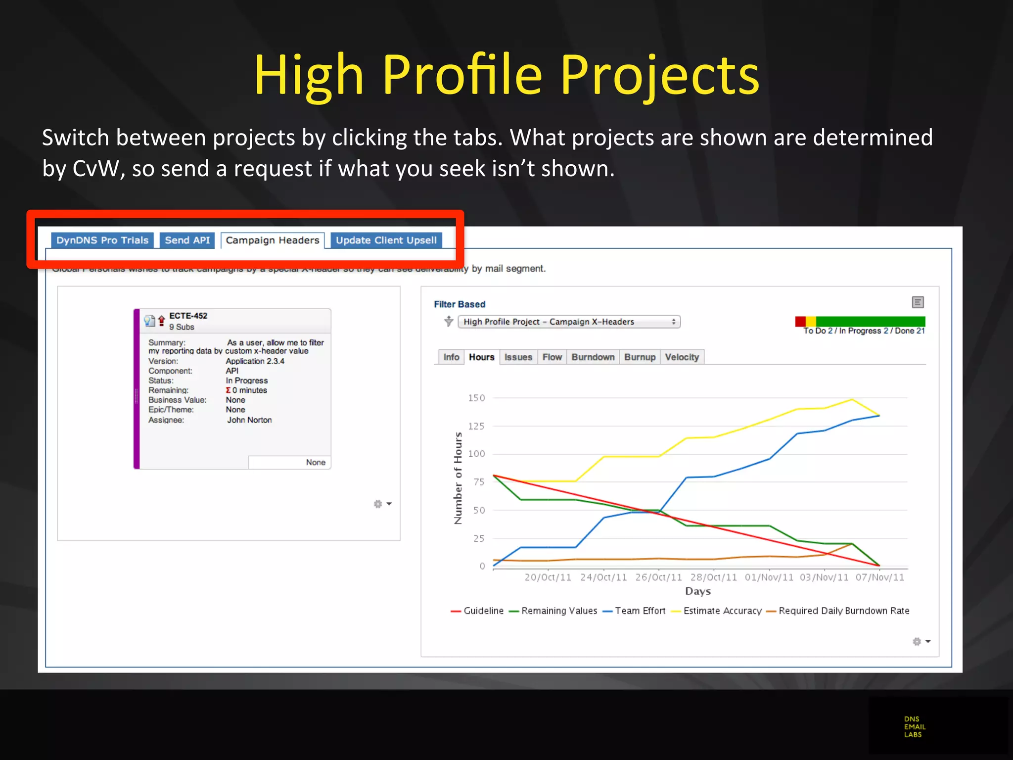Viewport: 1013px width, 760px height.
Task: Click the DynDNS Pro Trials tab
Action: click(x=102, y=240)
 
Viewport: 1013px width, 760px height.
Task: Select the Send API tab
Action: click(x=187, y=240)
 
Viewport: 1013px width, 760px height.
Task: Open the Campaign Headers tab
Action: click(x=273, y=240)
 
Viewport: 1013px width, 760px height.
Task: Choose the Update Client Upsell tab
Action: click(x=386, y=240)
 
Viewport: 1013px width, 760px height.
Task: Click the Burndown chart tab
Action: click(x=593, y=357)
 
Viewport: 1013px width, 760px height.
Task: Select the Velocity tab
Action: click(x=682, y=357)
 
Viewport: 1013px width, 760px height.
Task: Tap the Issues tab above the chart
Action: click(x=518, y=357)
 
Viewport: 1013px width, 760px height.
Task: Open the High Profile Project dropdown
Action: click(x=569, y=322)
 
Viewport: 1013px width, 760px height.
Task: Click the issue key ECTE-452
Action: click(x=188, y=316)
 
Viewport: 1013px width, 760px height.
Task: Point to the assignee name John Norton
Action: click(x=249, y=420)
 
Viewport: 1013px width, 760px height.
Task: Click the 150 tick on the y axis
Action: click(x=476, y=398)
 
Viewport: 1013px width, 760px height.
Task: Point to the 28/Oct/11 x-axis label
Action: click(x=713, y=577)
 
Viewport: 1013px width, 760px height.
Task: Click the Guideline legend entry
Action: click(x=483, y=611)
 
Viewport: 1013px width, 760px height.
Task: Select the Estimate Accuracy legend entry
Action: click(x=722, y=611)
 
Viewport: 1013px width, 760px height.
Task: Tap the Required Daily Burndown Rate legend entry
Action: click(x=843, y=611)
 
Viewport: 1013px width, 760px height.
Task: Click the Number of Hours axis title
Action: click(x=458, y=478)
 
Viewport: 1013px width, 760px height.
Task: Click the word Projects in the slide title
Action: click(x=659, y=76)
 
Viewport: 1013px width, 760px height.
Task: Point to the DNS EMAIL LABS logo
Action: click(x=915, y=727)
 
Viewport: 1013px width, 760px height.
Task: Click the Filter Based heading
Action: click(x=460, y=304)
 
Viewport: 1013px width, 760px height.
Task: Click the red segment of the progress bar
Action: click(x=800, y=322)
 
